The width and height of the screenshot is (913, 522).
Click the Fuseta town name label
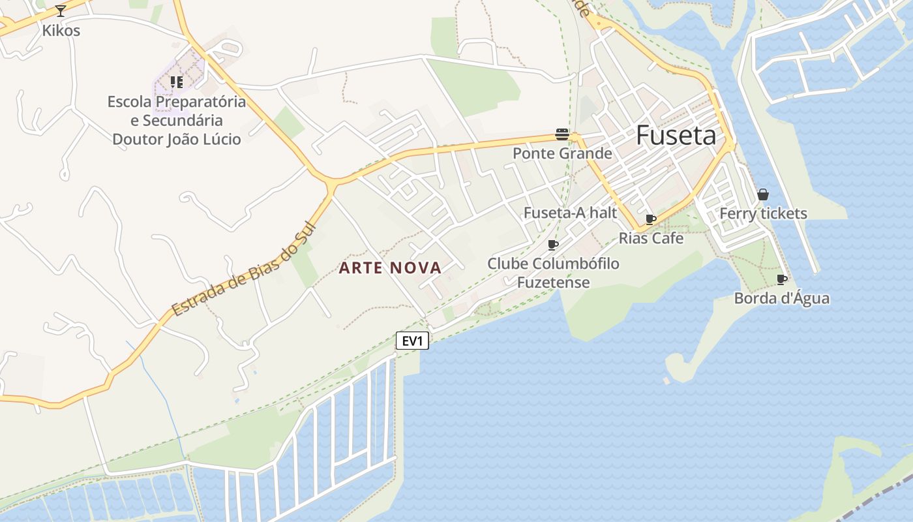676,135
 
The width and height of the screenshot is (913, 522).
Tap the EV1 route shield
412,341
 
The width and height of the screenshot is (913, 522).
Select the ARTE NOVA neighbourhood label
390,268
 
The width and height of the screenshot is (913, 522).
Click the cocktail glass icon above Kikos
61,10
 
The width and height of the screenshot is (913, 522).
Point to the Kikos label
61,30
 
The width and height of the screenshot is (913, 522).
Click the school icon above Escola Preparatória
176,82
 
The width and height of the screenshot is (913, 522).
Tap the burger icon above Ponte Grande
562,134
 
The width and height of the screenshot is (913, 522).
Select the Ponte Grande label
562,153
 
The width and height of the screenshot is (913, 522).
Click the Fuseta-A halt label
570,213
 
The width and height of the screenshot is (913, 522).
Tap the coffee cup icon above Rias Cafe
650,219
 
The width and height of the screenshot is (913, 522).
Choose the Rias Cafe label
651,238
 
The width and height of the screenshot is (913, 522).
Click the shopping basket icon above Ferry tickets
763,194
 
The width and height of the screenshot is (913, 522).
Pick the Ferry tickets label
763,213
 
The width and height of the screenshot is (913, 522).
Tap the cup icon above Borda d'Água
781,280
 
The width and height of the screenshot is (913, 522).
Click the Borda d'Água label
782,299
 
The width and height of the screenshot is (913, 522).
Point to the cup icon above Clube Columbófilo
553,245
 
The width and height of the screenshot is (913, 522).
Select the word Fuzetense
553,283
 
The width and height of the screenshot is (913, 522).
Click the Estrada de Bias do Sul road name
244,269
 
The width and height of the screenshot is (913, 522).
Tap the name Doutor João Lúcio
177,139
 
